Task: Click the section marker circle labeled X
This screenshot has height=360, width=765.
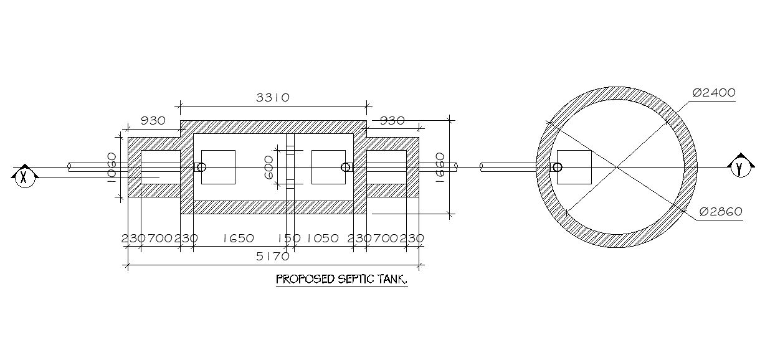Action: tap(24, 176)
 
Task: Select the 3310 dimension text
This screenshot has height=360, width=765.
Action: tap(273, 98)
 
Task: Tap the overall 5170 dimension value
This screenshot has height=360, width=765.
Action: tap(273, 256)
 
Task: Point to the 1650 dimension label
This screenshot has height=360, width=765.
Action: tap(238, 239)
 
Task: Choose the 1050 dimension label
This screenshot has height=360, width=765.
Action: tap(322, 239)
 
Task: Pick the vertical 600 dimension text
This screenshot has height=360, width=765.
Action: tap(270, 168)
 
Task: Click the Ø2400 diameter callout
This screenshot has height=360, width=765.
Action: tap(714, 93)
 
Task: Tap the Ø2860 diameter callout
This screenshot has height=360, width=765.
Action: tap(721, 212)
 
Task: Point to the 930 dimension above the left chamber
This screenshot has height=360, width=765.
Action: tap(153, 121)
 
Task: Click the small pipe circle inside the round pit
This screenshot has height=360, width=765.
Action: tap(558, 167)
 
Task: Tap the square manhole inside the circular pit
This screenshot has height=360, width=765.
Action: tap(574, 167)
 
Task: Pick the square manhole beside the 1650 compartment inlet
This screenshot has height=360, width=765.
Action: tap(218, 167)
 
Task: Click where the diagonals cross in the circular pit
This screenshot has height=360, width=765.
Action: tap(617, 167)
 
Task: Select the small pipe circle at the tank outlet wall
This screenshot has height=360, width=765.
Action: tap(346, 167)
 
